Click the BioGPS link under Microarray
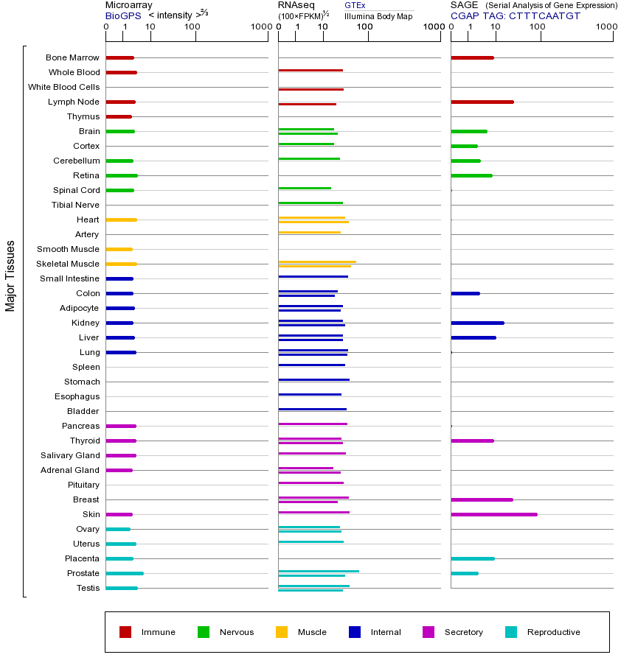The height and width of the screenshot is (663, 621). [x=123, y=15]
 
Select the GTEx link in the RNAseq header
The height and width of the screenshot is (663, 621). [x=355, y=5]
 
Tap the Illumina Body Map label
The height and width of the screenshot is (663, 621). [x=378, y=15]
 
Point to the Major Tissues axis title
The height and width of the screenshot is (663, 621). [x=10, y=276]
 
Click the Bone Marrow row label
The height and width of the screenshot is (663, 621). [x=72, y=57]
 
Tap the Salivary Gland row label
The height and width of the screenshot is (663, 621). [x=70, y=455]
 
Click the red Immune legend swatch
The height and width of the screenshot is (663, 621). [x=125, y=632]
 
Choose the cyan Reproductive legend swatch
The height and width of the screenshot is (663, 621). [x=511, y=632]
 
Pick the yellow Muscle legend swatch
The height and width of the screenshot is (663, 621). [x=282, y=632]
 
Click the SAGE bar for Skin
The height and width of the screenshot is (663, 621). [x=493, y=514]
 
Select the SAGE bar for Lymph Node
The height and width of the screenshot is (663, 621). [x=482, y=102]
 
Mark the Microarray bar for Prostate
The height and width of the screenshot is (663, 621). [x=124, y=573]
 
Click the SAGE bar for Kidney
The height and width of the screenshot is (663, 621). [x=477, y=323]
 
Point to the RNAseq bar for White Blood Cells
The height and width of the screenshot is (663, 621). [x=310, y=89]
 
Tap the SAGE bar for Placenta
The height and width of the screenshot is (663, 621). [x=472, y=558]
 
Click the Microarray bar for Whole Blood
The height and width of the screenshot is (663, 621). [x=121, y=72]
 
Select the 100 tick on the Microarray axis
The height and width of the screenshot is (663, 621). [x=192, y=27]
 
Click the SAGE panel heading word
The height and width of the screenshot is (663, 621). [x=463, y=5]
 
